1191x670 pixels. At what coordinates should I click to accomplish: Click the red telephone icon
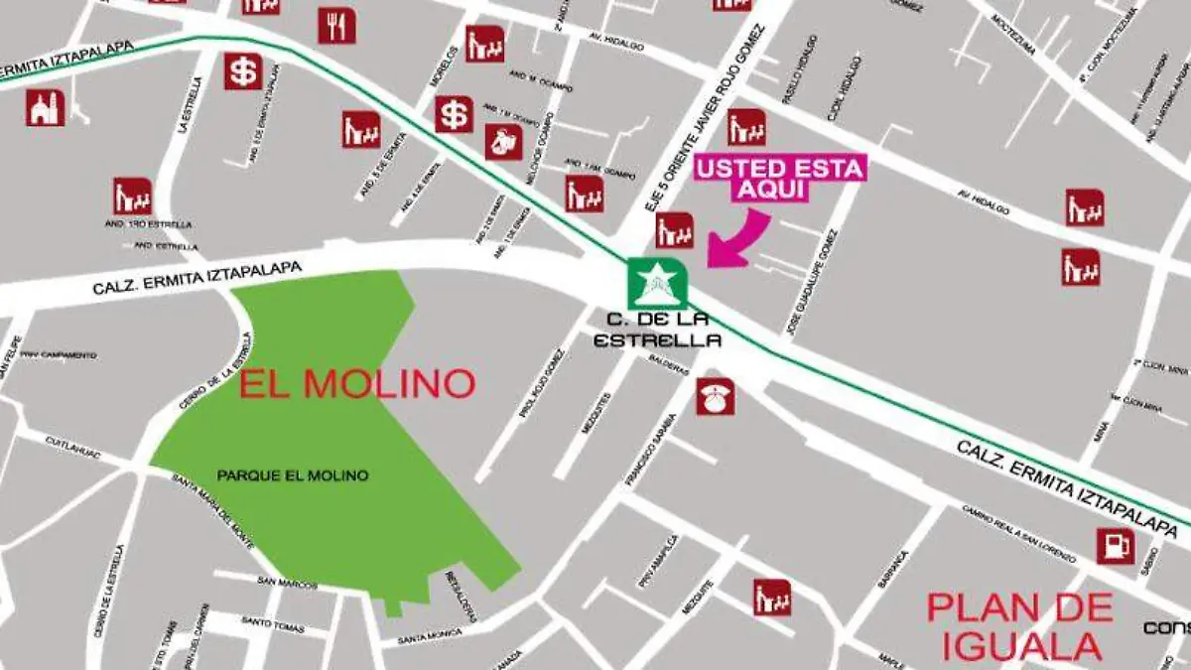click(x=715, y=396)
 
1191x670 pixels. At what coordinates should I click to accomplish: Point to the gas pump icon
click(x=1115, y=546)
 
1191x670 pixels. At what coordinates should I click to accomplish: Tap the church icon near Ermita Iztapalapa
click(x=45, y=107)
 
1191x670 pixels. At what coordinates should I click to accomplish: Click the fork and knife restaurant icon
click(x=336, y=25)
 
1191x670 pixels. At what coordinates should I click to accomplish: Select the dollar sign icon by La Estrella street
click(x=243, y=71)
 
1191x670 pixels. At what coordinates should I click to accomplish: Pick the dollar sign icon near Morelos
click(x=454, y=114)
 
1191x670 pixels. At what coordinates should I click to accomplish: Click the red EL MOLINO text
click(x=357, y=383)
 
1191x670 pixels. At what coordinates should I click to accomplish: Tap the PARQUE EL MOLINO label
click(x=292, y=476)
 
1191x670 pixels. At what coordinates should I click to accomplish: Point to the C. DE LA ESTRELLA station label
click(x=655, y=331)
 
